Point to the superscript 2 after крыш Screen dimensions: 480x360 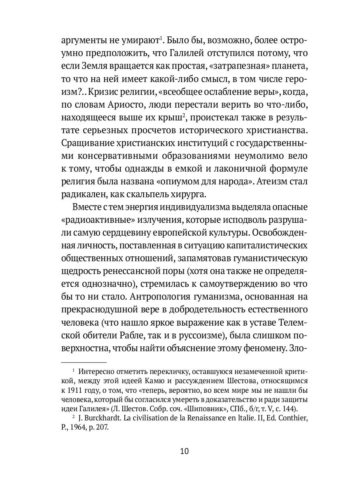(x=183, y=116)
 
